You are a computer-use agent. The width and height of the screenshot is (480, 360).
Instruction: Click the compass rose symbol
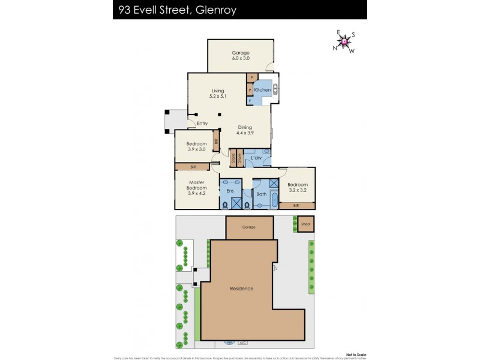tap(344, 41)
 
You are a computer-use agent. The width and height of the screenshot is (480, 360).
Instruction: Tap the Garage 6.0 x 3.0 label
tap(241, 56)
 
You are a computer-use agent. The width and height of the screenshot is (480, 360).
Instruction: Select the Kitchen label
tap(262, 90)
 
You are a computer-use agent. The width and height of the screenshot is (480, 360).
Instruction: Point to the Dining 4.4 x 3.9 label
tap(245, 130)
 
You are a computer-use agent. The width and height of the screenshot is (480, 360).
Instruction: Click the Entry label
tap(202, 124)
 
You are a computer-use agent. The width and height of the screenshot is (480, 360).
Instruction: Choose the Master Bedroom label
tap(197, 188)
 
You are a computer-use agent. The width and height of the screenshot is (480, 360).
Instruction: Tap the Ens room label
tap(230, 191)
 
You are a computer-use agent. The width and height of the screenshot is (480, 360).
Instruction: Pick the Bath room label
tap(261, 194)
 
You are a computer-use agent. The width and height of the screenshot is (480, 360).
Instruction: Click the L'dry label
tap(256, 158)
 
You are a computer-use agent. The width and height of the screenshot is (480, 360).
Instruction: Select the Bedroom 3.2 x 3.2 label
tap(297, 187)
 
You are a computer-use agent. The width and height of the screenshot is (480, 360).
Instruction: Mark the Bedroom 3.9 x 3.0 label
tap(196, 146)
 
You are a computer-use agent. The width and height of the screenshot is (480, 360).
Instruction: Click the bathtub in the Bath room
tap(275, 200)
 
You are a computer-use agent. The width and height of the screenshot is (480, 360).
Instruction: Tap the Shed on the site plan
tap(306, 224)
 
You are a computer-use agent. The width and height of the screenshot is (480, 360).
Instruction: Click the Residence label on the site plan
tap(242, 289)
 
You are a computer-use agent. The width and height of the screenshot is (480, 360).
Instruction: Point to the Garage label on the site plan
tap(249, 227)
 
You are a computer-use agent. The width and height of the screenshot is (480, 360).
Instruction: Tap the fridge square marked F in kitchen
tap(250, 101)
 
